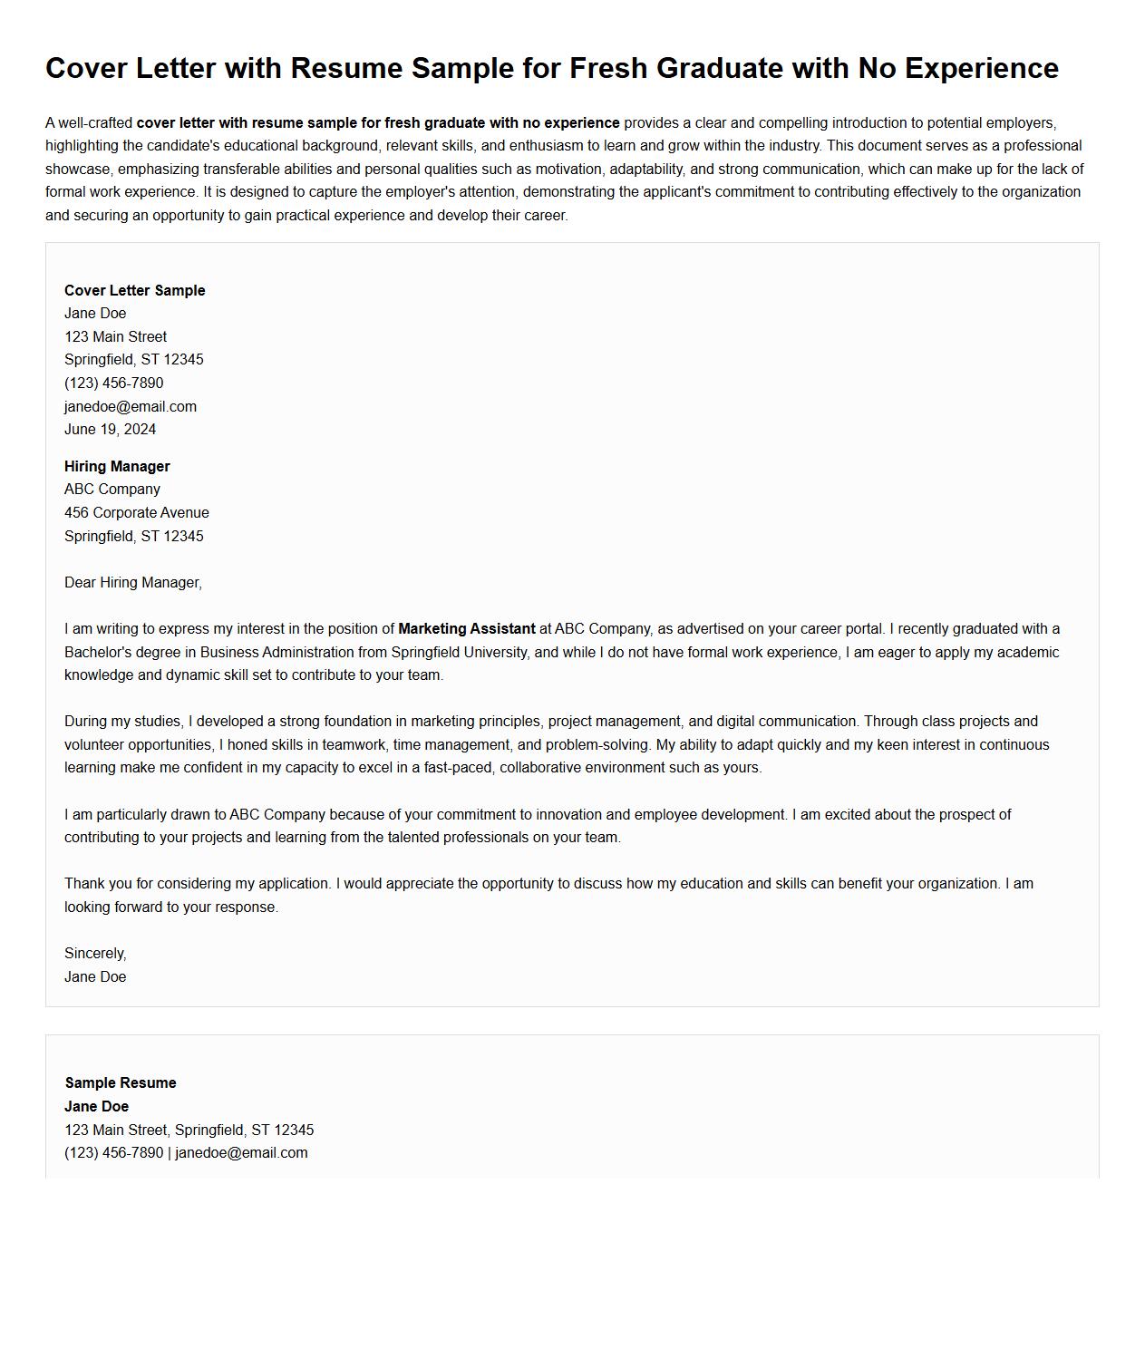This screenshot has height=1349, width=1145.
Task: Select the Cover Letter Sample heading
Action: tap(135, 291)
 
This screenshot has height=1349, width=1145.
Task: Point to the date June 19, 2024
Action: tap(110, 430)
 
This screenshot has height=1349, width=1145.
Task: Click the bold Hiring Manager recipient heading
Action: tap(117, 467)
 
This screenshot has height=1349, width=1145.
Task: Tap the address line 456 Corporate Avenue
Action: tap(137, 513)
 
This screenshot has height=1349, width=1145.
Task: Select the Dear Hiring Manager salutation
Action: tap(133, 583)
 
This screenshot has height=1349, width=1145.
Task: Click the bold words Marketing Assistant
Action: tap(467, 629)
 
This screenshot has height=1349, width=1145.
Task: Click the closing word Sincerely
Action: tap(95, 954)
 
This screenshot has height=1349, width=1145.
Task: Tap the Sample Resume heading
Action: tap(121, 1083)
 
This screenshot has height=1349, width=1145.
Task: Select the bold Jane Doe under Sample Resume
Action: tap(96, 1107)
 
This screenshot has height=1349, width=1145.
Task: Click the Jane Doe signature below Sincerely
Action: tap(95, 977)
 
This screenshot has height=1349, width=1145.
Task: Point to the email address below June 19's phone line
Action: tap(131, 407)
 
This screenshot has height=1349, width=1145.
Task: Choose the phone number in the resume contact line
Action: tap(114, 1153)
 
